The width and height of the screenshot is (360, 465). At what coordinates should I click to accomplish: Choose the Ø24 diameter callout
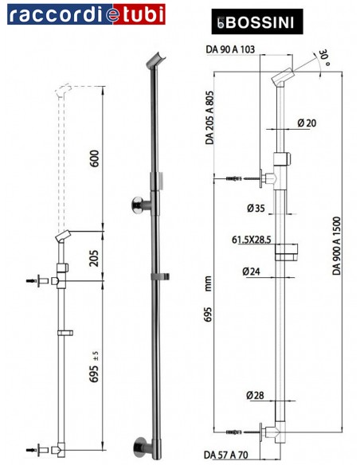click(x=255, y=272)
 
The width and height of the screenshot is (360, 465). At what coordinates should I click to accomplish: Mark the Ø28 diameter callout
click(x=255, y=395)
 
